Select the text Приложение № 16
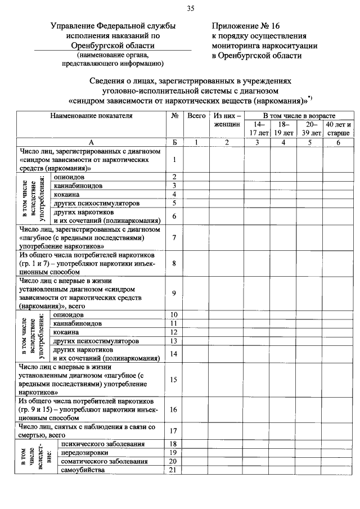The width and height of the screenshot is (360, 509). pos(245,26)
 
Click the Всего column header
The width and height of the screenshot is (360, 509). pos(196,115)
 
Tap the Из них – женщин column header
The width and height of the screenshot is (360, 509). pos(227,120)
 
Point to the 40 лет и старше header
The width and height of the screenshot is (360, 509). pos(338,128)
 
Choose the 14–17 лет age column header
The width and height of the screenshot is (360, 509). pos(257,128)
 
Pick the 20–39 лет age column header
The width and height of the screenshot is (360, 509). pos(309,128)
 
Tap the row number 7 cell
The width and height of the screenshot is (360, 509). pos(175,238)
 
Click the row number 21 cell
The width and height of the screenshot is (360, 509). pos(174,470)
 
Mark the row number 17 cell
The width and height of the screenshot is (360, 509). pos(174,431)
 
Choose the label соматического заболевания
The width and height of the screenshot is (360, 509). pos(100,462)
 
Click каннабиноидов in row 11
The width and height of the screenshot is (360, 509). pos(77,323)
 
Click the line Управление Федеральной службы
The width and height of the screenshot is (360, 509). pos(113,26)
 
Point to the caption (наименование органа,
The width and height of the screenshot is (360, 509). pos(113,55)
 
